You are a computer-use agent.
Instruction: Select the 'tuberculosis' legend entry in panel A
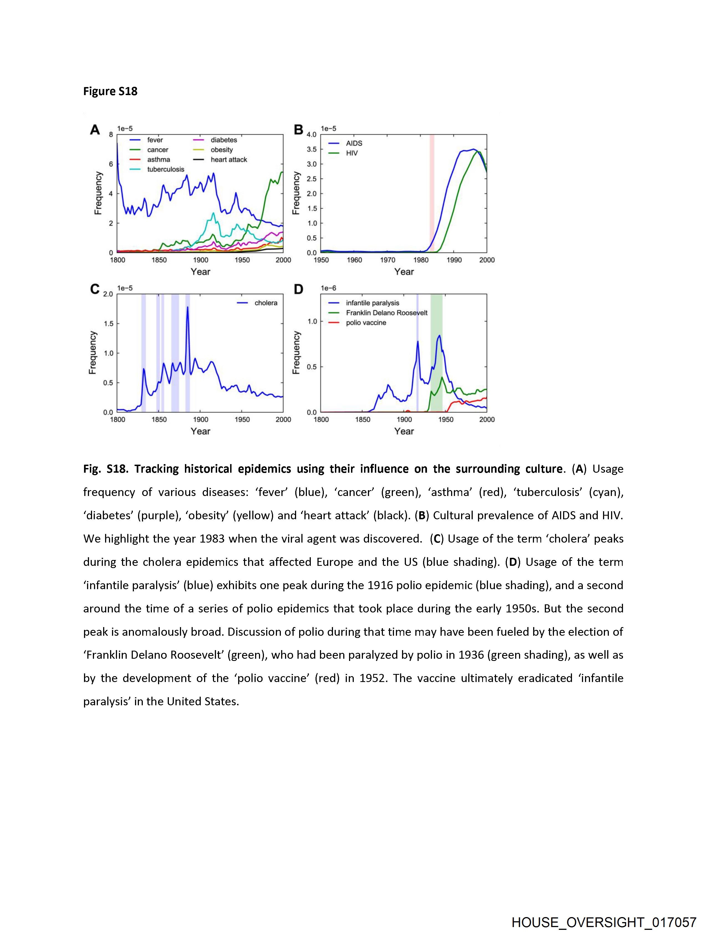click(166, 169)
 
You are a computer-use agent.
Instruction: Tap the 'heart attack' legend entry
click(228, 160)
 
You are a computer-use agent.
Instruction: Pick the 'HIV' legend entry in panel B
click(352, 153)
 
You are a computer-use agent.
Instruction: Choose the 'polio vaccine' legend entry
click(366, 323)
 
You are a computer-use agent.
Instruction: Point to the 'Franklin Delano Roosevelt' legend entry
click(386, 313)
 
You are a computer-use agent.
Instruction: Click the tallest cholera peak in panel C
click(187, 307)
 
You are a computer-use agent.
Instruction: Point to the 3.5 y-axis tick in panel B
click(312, 149)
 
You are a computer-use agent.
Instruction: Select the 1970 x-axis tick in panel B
click(388, 260)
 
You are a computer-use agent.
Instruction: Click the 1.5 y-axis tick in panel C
click(108, 324)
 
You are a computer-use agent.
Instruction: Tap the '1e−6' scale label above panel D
click(328, 288)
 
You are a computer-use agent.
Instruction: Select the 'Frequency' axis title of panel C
click(93, 353)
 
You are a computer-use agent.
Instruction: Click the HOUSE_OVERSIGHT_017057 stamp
click(604, 922)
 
